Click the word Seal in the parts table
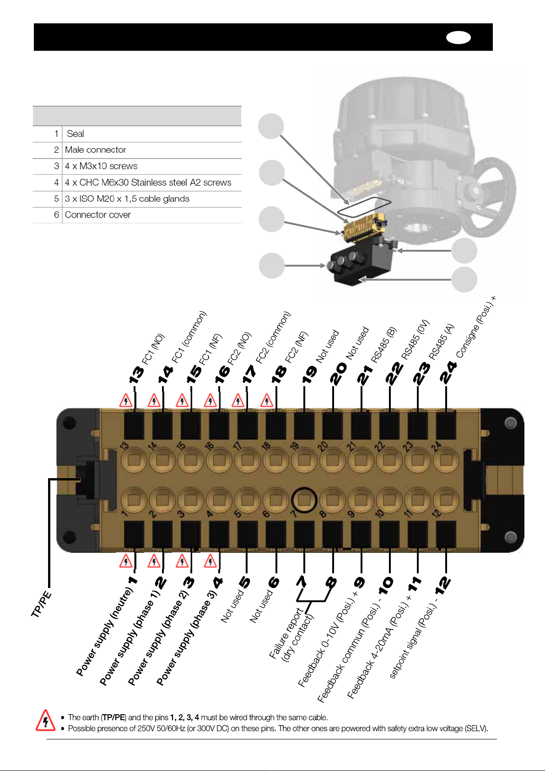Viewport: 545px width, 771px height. tap(75, 134)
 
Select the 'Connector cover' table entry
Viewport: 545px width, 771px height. tap(98, 215)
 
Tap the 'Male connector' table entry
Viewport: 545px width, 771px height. tap(95, 150)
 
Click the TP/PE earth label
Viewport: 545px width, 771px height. tap(41, 604)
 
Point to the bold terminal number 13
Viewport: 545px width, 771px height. tap(136, 375)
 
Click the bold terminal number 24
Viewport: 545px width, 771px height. tap(448, 372)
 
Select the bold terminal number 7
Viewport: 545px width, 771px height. tap(301, 582)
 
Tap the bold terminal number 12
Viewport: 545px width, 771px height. tap(442, 586)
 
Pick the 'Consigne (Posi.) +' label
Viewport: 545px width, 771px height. tap(476, 327)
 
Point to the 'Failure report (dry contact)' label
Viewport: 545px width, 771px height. tap(291, 634)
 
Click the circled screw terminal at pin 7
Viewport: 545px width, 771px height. tap(304, 500)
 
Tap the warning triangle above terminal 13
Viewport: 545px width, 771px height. tap(126, 401)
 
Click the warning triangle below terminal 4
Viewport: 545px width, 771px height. tap(210, 561)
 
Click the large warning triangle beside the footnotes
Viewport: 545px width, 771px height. tap(45, 720)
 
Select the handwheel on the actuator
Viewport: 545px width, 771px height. tap(490, 197)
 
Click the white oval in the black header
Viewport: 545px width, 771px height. tap(458, 38)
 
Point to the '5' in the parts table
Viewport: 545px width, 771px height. tap(56, 199)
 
